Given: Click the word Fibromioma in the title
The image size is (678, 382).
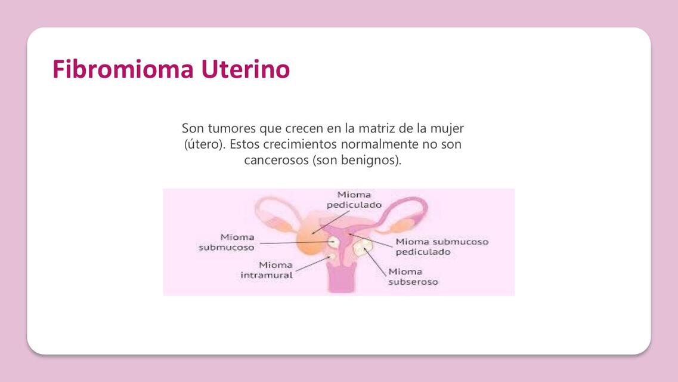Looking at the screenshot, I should (x=123, y=69).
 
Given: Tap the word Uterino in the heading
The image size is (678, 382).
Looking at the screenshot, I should (x=245, y=69).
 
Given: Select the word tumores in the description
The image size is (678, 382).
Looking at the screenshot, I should (x=231, y=128).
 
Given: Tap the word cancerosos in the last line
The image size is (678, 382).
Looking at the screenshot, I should (x=276, y=161).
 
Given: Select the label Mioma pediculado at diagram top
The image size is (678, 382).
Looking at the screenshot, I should (x=354, y=200).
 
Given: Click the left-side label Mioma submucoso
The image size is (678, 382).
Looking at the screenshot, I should (x=227, y=242).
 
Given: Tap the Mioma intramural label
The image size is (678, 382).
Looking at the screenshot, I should (x=267, y=270).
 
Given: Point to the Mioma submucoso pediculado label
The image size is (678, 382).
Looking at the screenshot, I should (x=442, y=247).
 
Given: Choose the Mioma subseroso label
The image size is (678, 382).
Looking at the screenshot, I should (x=413, y=276).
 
